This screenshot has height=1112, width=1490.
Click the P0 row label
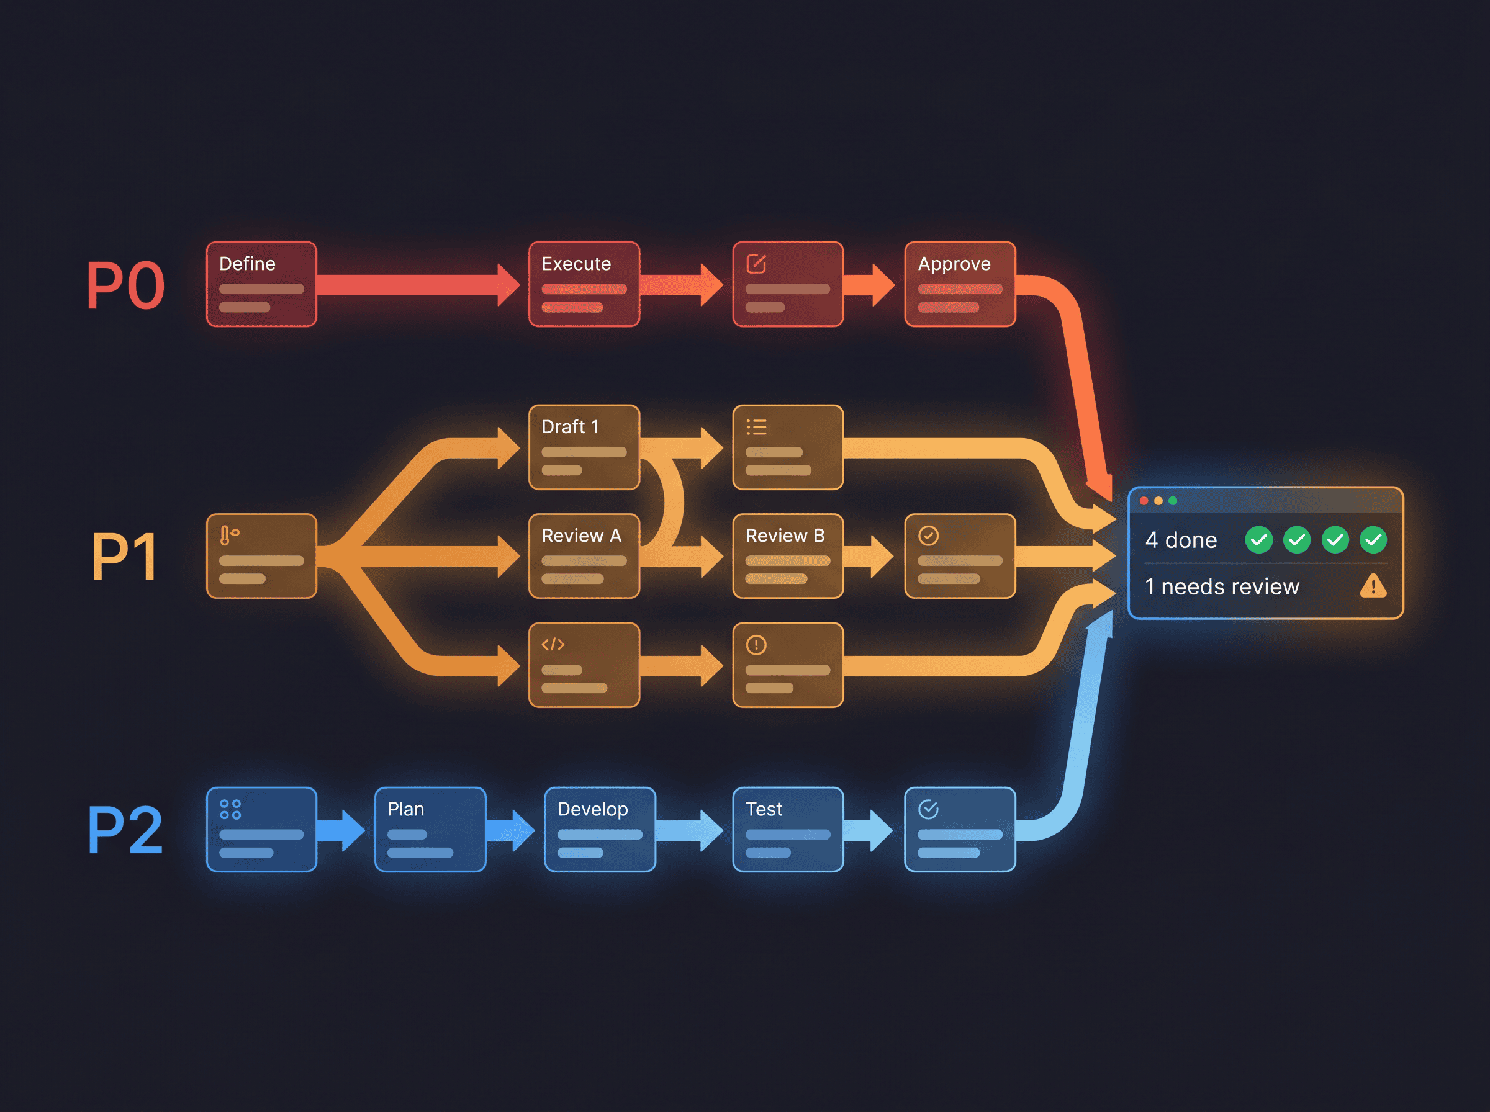[x=126, y=285]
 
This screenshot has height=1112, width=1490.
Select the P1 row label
[x=126, y=557]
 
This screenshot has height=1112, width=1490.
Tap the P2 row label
[x=126, y=830]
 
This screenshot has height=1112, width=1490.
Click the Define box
[x=261, y=284]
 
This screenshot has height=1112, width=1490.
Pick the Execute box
[x=584, y=284]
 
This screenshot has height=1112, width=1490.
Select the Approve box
[x=960, y=284]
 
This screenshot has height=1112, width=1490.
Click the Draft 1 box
[x=584, y=447]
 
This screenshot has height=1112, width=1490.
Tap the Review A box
[x=584, y=556]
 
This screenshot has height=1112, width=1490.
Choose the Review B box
[x=788, y=556]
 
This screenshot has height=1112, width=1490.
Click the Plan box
[x=430, y=829]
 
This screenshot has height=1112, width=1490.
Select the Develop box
[x=600, y=829]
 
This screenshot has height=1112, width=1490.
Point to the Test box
[x=788, y=829]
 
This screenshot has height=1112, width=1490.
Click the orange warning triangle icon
[x=1373, y=586]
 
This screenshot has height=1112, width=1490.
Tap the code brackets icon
[x=553, y=644]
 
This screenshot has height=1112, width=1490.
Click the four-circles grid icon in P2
[x=230, y=809]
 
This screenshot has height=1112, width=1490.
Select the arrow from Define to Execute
[x=418, y=285]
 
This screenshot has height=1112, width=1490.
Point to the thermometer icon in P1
[x=228, y=535]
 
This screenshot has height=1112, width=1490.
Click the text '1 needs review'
[x=1222, y=587]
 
